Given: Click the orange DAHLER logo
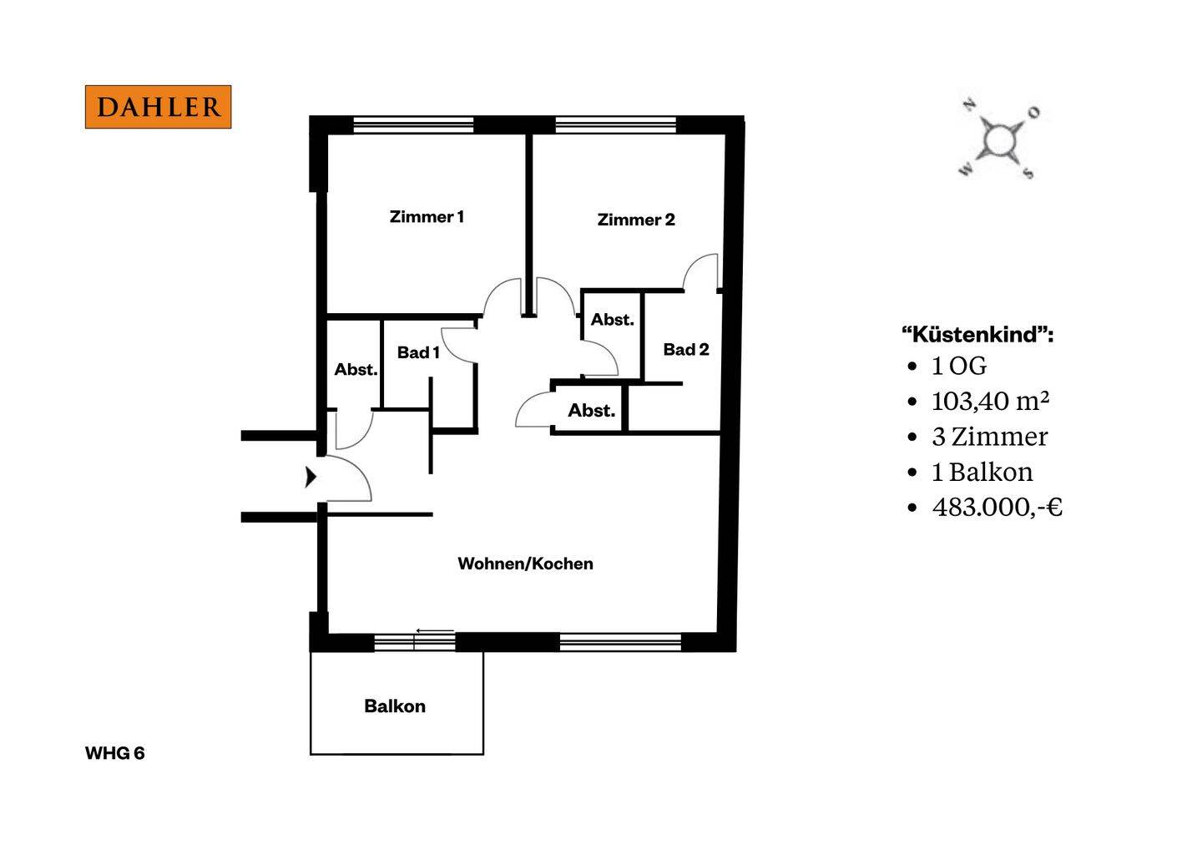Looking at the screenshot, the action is click(159, 107).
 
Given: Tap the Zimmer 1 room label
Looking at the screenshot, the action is click(427, 217).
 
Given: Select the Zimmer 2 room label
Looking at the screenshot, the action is click(636, 220).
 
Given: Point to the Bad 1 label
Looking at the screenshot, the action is click(418, 352).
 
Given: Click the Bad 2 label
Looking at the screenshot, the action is click(686, 349).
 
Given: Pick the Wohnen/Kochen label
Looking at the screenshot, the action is click(525, 564).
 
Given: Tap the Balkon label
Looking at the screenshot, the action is click(395, 706).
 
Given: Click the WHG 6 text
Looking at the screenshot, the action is click(115, 753).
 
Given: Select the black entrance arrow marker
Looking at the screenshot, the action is click(311, 477).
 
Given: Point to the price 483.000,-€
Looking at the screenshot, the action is click(997, 507).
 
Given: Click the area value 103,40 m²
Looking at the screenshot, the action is click(991, 401).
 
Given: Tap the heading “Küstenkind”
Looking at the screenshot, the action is click(977, 334).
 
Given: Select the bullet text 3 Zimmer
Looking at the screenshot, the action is click(989, 437).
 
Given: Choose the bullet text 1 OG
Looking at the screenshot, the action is click(959, 366).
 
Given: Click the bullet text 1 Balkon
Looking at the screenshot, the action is click(982, 473).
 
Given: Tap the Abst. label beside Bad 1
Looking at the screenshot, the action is click(356, 369).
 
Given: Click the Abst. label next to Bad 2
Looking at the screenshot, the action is click(613, 320).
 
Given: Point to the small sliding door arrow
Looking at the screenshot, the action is click(435, 631).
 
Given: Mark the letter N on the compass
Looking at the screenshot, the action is click(969, 105).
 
